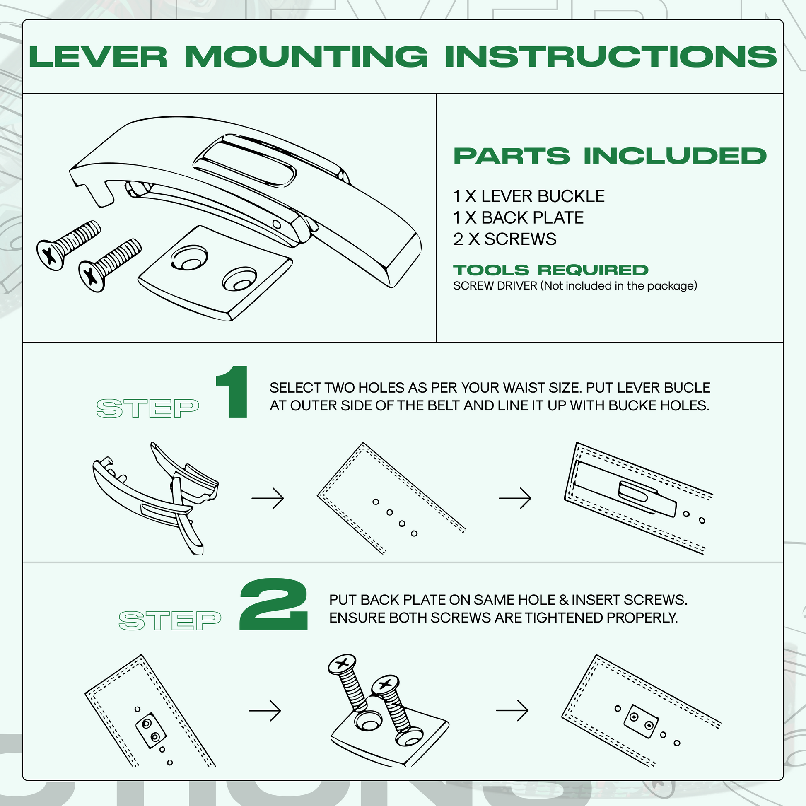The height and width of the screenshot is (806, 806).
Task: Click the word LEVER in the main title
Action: pyautogui.click(x=98, y=57)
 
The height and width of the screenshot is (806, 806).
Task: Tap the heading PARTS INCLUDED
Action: pyautogui.click(x=610, y=157)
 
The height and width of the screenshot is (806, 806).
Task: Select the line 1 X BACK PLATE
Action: pyautogui.click(x=518, y=218)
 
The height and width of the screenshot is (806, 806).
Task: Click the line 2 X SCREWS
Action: pyautogui.click(x=504, y=239)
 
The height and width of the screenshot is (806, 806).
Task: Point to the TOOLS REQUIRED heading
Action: pyautogui.click(x=550, y=270)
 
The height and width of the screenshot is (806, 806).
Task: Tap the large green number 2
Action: pyautogui.click(x=274, y=605)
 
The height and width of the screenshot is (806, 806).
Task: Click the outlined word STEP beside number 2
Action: pyautogui.click(x=170, y=620)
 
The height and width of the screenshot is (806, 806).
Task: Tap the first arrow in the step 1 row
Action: pyautogui.click(x=268, y=498)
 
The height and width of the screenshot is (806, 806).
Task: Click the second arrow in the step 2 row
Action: pyautogui.click(x=512, y=710)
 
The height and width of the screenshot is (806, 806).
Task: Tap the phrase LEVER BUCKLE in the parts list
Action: pyautogui.click(x=543, y=196)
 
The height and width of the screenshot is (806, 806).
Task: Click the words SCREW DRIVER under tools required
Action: pyautogui.click(x=495, y=286)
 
